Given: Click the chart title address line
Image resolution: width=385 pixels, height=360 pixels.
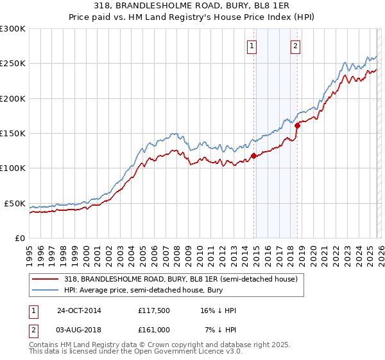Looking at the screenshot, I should (192, 5).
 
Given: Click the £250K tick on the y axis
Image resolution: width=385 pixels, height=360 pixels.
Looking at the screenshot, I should (13, 64).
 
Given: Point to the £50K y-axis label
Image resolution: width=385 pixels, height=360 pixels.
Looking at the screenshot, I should (15, 203).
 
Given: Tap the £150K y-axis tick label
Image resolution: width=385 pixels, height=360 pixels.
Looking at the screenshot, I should (13, 134).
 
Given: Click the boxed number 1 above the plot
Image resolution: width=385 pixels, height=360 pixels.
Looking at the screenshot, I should (252, 46).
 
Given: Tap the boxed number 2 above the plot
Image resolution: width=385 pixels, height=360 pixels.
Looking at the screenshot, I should (295, 46).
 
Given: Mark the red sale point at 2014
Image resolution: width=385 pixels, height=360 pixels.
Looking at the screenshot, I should (254, 155).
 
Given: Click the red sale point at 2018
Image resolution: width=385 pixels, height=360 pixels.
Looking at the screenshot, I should (297, 125).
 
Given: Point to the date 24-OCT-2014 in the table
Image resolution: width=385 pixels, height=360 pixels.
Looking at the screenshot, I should (79, 310).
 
